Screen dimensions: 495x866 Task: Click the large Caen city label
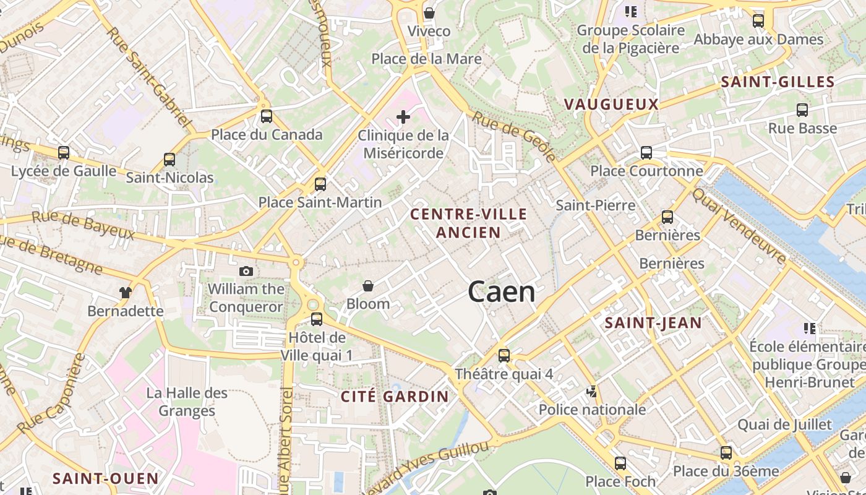(502, 291)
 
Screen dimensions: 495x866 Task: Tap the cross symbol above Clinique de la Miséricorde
(403, 116)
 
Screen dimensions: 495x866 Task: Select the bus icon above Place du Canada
(267, 116)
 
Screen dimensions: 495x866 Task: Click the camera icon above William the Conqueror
(246, 271)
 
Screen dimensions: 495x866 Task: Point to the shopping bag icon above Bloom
(368, 285)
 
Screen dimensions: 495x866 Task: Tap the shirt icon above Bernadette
(126, 292)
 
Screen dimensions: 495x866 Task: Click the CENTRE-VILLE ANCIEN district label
(469, 223)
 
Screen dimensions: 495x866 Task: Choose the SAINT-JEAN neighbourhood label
(653, 323)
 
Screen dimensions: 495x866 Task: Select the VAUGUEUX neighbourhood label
(611, 105)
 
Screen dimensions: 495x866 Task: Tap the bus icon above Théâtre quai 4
(504, 355)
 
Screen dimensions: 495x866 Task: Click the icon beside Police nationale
(592, 391)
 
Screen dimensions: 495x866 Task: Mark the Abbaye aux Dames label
(758, 40)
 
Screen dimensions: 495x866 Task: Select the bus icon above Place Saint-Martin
(320, 184)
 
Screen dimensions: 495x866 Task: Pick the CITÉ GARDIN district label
(395, 397)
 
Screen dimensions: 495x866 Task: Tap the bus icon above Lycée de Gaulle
(64, 152)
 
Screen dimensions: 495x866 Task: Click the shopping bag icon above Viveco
(429, 13)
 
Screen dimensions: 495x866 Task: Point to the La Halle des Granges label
(187, 402)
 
